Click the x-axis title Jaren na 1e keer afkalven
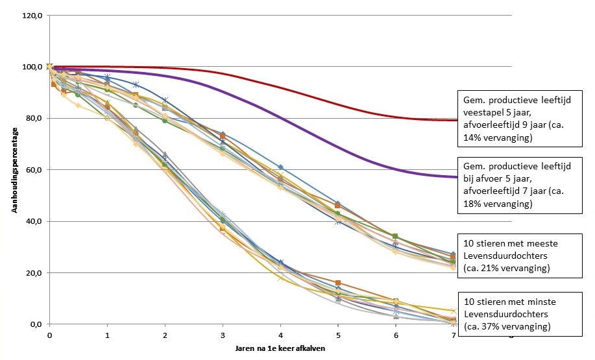point(280,349)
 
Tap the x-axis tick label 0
point(49,335)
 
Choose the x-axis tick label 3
point(223,335)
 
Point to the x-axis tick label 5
point(338,335)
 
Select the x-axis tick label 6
point(396,335)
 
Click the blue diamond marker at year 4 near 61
point(280,167)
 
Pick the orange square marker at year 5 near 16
point(338,283)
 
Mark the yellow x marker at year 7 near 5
point(453,311)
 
